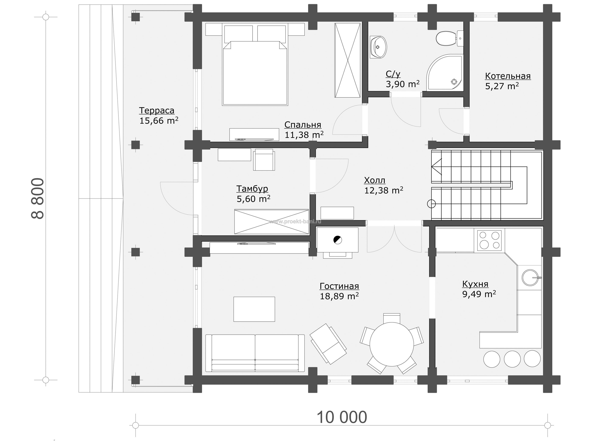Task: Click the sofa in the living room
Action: coord(255,353)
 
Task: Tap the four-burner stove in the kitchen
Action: coord(489,240)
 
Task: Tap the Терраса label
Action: coord(156,110)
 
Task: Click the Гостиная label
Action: coord(339,286)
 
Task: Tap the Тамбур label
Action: coord(252,189)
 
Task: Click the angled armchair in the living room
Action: coord(328,344)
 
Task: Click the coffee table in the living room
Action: coord(254,309)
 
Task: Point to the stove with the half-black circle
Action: coord(337,240)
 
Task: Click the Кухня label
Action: coord(475,284)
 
